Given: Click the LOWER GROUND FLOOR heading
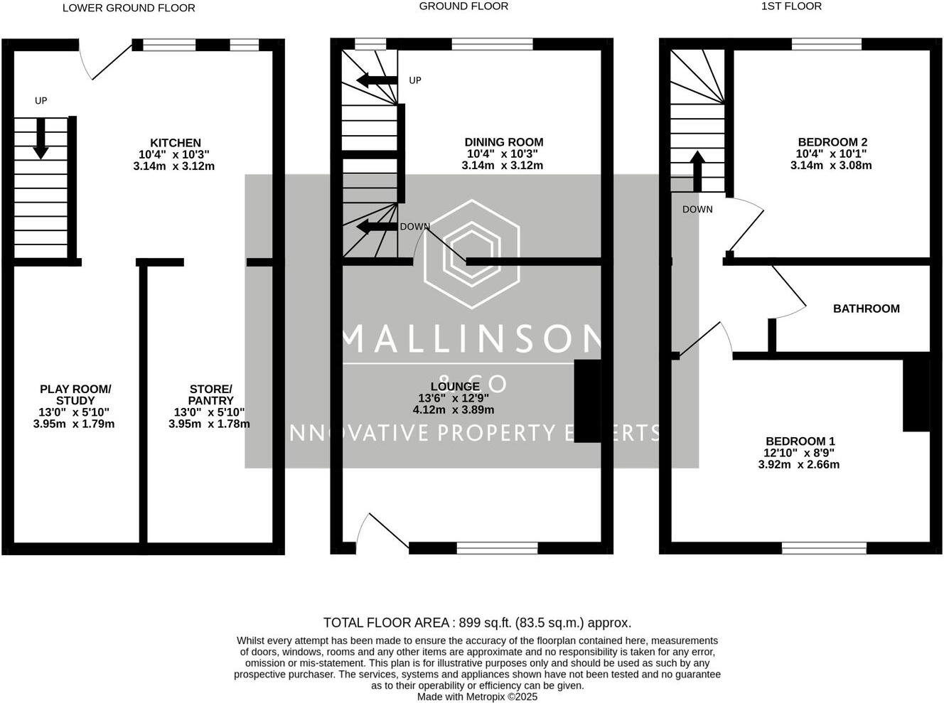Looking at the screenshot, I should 129,8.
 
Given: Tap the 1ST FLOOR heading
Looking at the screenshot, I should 791,6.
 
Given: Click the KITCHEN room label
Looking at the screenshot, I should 175,143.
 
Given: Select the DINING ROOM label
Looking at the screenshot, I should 503,142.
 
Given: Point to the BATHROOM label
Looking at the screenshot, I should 866,308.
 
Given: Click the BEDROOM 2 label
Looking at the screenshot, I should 832,142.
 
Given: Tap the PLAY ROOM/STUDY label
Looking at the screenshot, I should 75,395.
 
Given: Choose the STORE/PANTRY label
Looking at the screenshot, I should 210,395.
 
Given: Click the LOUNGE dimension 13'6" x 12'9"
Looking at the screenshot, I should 454,398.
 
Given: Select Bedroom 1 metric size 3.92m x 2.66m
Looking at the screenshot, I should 799,465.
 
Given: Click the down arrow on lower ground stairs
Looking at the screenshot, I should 41,139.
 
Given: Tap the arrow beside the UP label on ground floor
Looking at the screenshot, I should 377,80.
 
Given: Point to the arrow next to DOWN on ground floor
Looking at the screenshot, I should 377,227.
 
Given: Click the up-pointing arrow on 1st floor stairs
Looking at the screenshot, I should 697,171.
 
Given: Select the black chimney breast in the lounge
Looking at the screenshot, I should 587,402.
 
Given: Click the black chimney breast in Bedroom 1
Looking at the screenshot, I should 916,395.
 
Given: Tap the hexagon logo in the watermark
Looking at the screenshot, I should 471,254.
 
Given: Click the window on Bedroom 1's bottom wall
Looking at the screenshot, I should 824,547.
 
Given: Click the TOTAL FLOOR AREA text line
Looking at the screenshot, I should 477,623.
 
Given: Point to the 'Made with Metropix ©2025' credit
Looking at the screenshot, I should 477,697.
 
